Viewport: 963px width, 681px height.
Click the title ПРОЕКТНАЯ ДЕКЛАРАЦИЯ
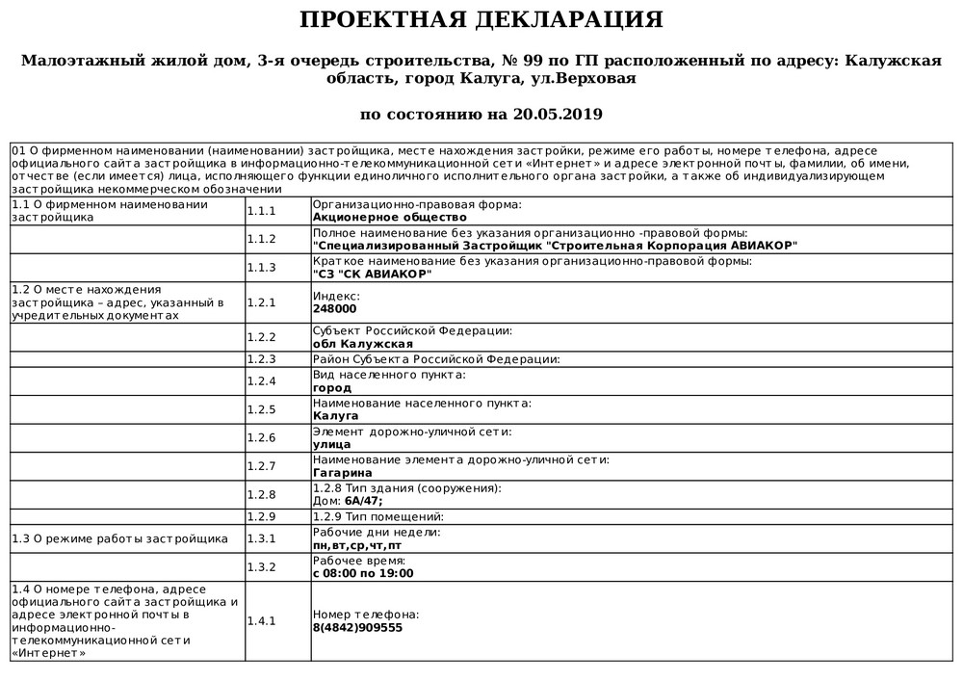(x=481, y=20)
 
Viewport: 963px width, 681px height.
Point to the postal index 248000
(x=334, y=309)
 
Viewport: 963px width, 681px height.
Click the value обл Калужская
(x=363, y=343)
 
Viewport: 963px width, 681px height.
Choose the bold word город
(x=332, y=387)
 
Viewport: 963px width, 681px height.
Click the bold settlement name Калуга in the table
(x=335, y=416)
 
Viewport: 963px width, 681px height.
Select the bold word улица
(x=332, y=445)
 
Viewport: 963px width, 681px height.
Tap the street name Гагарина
(x=343, y=473)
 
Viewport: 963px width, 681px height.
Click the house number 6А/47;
(x=363, y=501)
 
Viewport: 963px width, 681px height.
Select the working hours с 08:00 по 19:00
(x=363, y=573)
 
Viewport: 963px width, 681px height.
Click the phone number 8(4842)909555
(x=357, y=627)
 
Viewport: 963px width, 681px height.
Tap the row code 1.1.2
(x=261, y=239)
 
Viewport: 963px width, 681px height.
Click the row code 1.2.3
(x=261, y=359)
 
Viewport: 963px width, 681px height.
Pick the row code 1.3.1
(x=261, y=538)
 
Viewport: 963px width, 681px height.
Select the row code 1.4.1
(x=261, y=621)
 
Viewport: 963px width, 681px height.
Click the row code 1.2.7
(x=261, y=466)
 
